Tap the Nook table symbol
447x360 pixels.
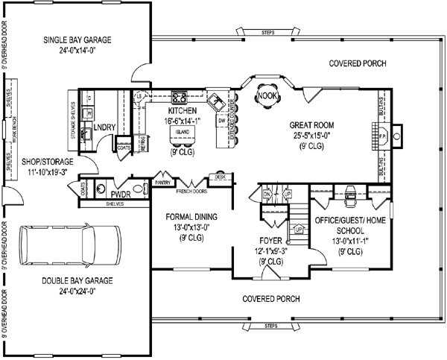266,95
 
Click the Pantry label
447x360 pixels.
162,181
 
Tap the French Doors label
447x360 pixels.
192,191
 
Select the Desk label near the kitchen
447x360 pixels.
221,177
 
